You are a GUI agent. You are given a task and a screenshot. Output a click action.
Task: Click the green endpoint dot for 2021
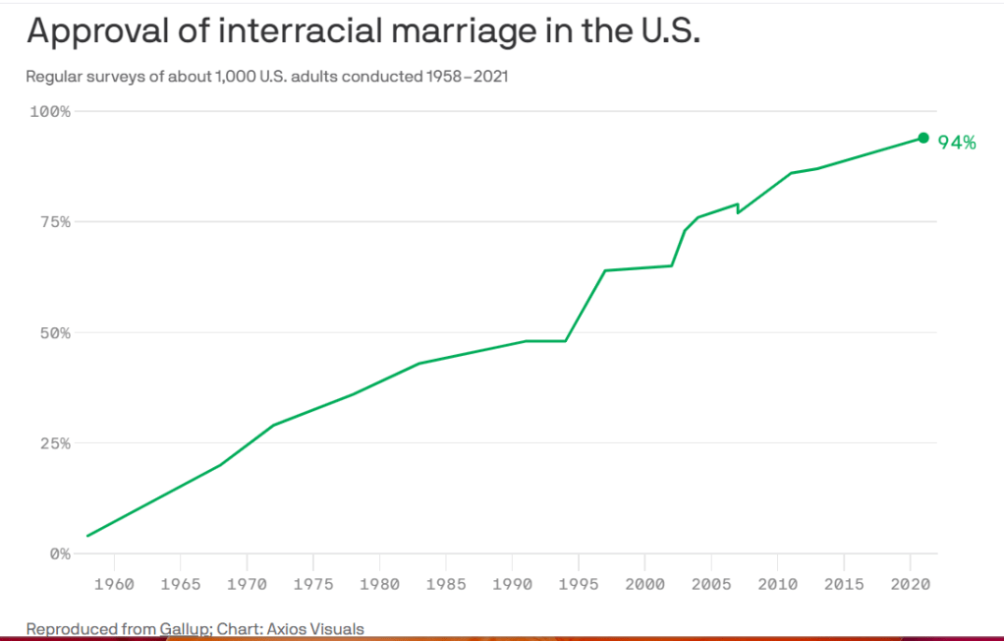[923, 138]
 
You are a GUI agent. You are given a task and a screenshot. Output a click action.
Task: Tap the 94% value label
[957, 143]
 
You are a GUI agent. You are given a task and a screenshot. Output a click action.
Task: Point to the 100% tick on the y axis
[50, 111]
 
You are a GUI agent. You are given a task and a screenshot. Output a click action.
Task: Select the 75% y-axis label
[54, 222]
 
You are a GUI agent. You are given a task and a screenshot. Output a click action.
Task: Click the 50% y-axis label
[54, 332]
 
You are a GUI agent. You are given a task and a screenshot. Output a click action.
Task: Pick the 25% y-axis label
[54, 443]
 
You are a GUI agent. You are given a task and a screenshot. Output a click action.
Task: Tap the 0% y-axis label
[59, 554]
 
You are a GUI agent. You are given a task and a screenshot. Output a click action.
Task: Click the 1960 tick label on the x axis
[114, 585]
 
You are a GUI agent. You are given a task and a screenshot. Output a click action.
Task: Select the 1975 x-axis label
[312, 585]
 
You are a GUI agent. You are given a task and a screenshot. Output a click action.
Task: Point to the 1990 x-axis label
[512, 585]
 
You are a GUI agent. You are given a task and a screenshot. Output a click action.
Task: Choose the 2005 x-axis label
[710, 585]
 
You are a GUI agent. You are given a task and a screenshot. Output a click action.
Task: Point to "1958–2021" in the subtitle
[467, 76]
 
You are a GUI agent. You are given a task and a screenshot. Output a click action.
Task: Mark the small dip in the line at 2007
[738, 211]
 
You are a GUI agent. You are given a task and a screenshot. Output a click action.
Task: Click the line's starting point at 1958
[87, 536]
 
